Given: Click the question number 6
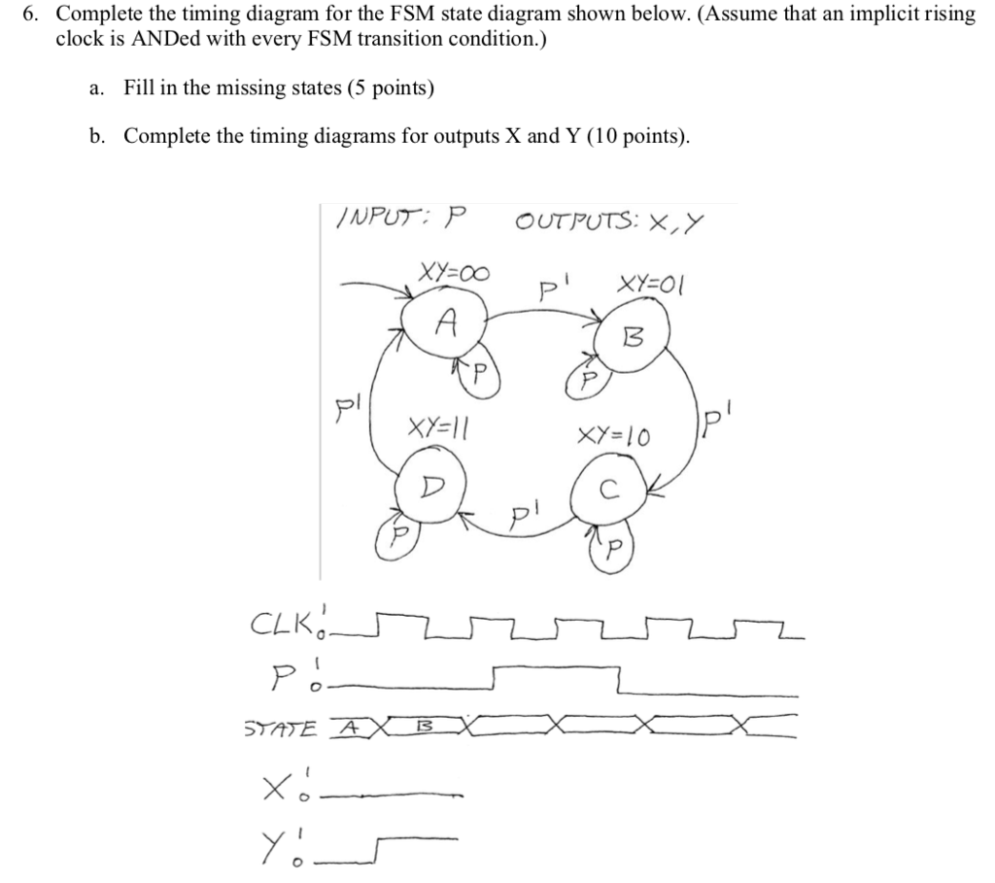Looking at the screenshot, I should tap(30, 14).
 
